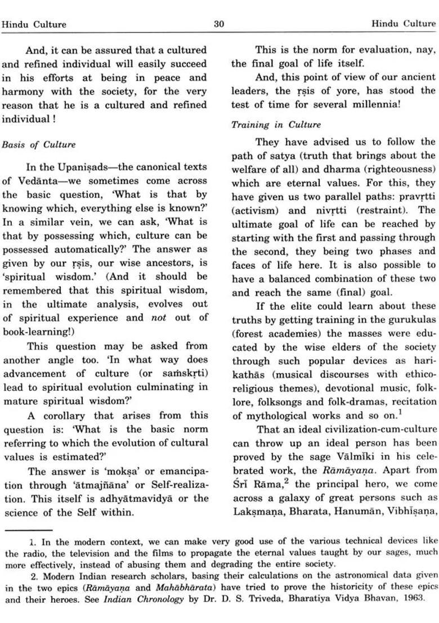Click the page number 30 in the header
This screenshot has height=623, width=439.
point(219,24)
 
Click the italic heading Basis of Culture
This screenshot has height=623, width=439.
point(39,145)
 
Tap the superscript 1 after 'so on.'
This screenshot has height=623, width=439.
point(400,412)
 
